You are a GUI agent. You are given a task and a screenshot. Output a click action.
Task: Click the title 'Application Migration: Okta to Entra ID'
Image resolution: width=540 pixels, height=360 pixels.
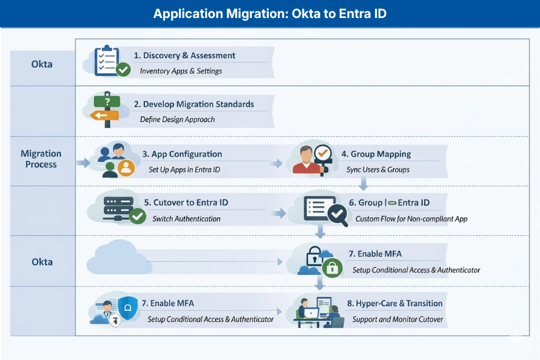click(x=269, y=14)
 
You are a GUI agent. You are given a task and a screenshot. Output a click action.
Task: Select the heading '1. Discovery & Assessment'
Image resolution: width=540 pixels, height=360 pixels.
click(x=184, y=55)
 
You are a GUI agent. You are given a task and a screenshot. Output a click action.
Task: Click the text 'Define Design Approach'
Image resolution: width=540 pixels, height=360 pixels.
click(x=177, y=119)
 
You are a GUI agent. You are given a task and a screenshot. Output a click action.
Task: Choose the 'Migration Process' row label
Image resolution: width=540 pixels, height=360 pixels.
click(x=41, y=159)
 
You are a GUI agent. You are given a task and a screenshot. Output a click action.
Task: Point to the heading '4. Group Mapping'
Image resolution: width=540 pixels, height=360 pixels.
click(x=376, y=154)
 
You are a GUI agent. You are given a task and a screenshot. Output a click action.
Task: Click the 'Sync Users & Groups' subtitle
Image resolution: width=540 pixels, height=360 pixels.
click(x=377, y=170)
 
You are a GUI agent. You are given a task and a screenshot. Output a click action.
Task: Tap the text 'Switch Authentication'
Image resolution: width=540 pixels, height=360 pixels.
click(x=186, y=219)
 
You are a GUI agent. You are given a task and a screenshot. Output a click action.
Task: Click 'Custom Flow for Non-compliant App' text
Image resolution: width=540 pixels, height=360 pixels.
click(x=411, y=219)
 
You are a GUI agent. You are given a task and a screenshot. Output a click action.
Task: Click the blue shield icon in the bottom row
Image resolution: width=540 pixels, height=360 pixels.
click(x=127, y=308)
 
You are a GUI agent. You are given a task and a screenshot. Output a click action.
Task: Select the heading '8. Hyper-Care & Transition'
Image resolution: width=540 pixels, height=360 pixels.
click(x=398, y=304)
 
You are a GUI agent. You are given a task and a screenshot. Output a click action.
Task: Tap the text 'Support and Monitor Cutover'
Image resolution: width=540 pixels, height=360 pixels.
click(x=397, y=319)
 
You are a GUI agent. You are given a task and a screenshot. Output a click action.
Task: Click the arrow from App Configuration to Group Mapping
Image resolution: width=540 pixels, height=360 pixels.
click(x=277, y=163)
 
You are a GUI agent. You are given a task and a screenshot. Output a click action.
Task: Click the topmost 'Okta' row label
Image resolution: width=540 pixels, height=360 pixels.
click(x=41, y=64)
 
